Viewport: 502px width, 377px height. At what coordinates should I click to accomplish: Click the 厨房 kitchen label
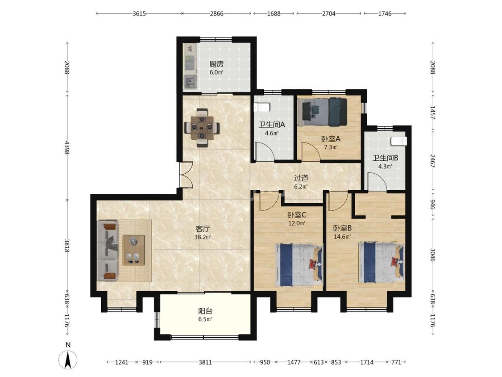click(216, 64)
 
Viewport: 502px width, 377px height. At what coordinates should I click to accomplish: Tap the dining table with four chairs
click(202, 128)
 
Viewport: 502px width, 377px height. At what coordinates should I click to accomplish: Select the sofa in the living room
click(108, 251)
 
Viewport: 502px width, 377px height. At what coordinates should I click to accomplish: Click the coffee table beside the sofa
click(134, 250)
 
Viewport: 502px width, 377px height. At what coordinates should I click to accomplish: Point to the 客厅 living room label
click(202, 229)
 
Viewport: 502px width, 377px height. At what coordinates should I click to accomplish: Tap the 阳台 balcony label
click(205, 311)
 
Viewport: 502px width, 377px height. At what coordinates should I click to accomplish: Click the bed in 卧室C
click(299, 265)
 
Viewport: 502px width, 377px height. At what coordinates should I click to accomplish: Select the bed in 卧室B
click(382, 262)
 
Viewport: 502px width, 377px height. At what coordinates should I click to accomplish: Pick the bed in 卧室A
click(322, 112)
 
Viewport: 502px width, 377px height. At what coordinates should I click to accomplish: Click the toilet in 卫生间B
click(398, 141)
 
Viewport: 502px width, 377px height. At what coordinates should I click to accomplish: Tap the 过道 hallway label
click(301, 178)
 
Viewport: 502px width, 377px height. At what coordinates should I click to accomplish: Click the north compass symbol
click(68, 360)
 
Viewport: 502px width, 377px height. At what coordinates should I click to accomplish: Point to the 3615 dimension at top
click(139, 13)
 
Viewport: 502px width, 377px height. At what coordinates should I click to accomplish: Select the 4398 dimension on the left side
click(67, 147)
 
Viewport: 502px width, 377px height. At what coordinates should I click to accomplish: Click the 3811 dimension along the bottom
click(205, 362)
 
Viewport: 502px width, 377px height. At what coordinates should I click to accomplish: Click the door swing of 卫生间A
click(265, 151)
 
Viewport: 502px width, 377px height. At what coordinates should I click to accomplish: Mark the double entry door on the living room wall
click(186, 175)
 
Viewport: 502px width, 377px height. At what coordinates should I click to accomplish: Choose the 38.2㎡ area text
click(202, 237)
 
